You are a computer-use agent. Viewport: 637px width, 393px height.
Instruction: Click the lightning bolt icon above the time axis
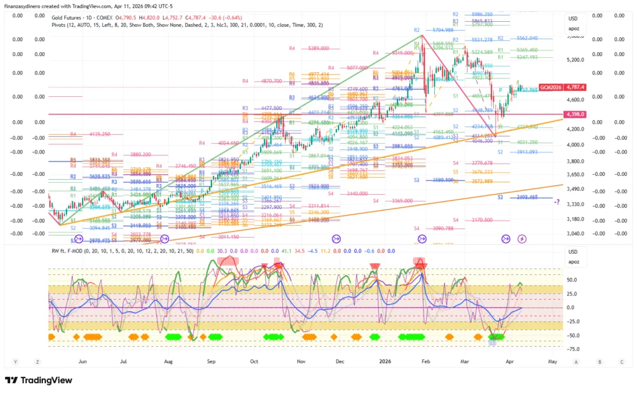click(x=523, y=238)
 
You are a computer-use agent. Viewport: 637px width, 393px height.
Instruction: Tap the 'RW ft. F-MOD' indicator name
click(x=73, y=250)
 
